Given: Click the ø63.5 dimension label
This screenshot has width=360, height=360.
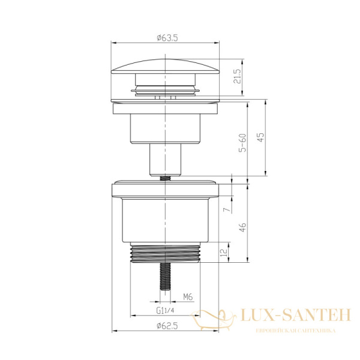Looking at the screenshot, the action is click(x=167, y=38).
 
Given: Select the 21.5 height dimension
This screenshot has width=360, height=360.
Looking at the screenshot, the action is click(x=238, y=76).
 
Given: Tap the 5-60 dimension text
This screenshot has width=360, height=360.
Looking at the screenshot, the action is click(x=242, y=143).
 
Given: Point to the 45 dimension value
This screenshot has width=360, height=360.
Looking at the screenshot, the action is click(x=261, y=137).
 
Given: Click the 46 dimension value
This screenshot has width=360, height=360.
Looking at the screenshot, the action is click(x=242, y=227).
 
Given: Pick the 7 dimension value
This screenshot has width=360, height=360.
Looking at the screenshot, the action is click(x=227, y=209).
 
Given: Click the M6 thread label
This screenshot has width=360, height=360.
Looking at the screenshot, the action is click(x=188, y=297).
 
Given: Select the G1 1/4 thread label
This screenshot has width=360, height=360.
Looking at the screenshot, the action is click(x=165, y=310).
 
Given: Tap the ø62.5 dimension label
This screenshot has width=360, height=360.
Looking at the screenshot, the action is click(x=167, y=326).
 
